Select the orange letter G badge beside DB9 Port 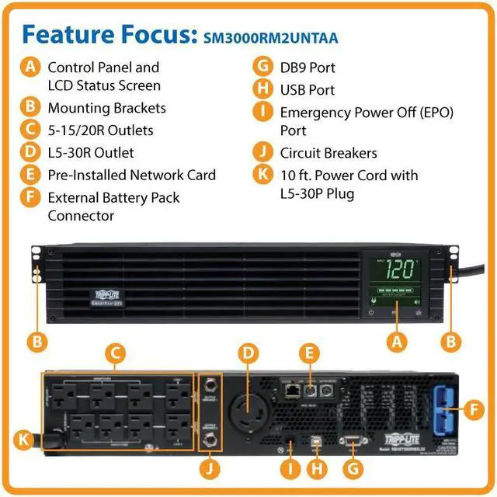coord(263,68)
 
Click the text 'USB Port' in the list coord(308,90)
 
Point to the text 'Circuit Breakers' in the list coord(328,153)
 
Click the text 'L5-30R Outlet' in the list coord(91,153)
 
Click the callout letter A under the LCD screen coord(398,339)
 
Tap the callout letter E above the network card coord(309,354)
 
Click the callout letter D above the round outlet coord(248,354)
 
